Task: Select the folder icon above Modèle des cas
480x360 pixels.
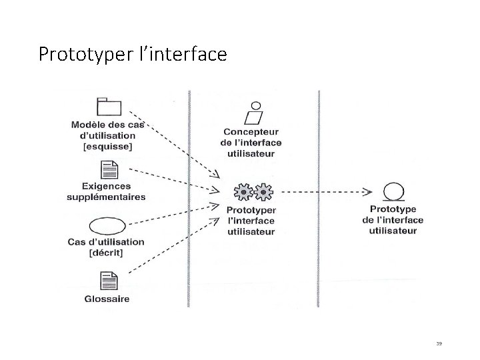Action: [109, 107]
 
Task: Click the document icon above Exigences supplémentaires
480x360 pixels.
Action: [108, 171]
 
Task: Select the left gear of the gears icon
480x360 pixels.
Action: [244, 192]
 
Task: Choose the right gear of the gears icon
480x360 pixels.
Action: [265, 192]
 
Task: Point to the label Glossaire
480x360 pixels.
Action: [107, 299]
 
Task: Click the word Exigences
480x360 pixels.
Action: [107, 187]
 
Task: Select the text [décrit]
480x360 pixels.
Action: [107, 252]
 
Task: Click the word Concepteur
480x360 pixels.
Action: [251, 132]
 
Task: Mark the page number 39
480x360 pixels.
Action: [439, 343]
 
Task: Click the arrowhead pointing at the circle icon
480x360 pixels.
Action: [368, 192]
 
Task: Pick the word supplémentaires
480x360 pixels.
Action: [107, 197]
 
